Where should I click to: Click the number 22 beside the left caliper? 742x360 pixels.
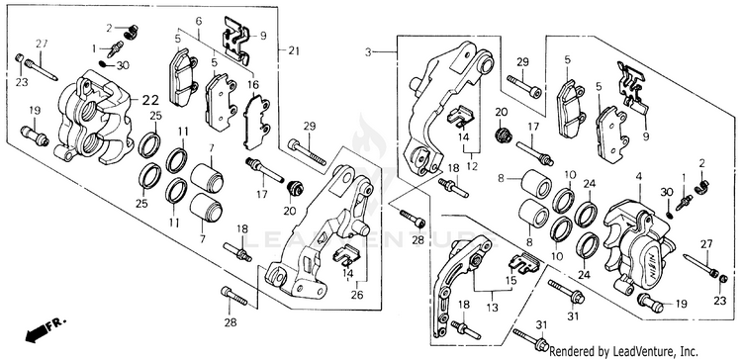tap(150, 100)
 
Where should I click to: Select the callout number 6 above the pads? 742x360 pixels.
tap(198, 21)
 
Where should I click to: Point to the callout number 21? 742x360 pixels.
tap(294, 51)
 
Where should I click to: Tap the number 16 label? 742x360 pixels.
tap(253, 85)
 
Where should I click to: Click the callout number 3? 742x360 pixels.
tap(368, 51)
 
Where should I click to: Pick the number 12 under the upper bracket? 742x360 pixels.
tap(472, 166)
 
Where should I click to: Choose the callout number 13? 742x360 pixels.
tap(492, 308)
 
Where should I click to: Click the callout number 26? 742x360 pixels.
tap(357, 295)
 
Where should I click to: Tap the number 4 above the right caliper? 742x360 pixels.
tap(639, 176)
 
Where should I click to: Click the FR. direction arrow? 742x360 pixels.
tap(46, 328)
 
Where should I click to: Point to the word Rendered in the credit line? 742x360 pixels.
tap(570, 351)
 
